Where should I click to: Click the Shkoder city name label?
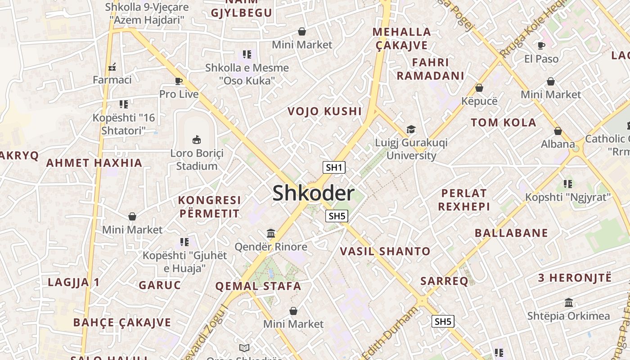(x=314, y=193)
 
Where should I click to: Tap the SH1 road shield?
(x=334, y=168)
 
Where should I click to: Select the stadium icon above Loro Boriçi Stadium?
(x=197, y=139)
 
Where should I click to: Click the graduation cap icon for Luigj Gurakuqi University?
(x=411, y=130)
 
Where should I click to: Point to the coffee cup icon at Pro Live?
(x=179, y=81)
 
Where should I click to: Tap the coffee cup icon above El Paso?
(x=541, y=45)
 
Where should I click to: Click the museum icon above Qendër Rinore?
(x=271, y=233)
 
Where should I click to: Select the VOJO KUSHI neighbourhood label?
(x=324, y=111)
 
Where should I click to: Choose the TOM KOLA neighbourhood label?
(x=504, y=122)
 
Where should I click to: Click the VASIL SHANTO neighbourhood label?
(x=385, y=251)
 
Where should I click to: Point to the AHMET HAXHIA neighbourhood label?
(x=94, y=163)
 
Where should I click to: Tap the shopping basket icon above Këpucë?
(x=479, y=88)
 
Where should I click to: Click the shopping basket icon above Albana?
(x=558, y=131)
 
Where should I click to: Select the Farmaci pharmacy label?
(x=112, y=80)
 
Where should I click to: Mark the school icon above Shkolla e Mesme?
(x=247, y=54)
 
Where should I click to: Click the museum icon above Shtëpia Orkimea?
(x=568, y=302)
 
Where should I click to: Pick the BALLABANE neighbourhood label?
(x=512, y=233)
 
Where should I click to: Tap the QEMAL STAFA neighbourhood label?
(x=258, y=286)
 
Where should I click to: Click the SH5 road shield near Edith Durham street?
(x=443, y=321)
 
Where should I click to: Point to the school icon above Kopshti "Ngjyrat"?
(x=568, y=184)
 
